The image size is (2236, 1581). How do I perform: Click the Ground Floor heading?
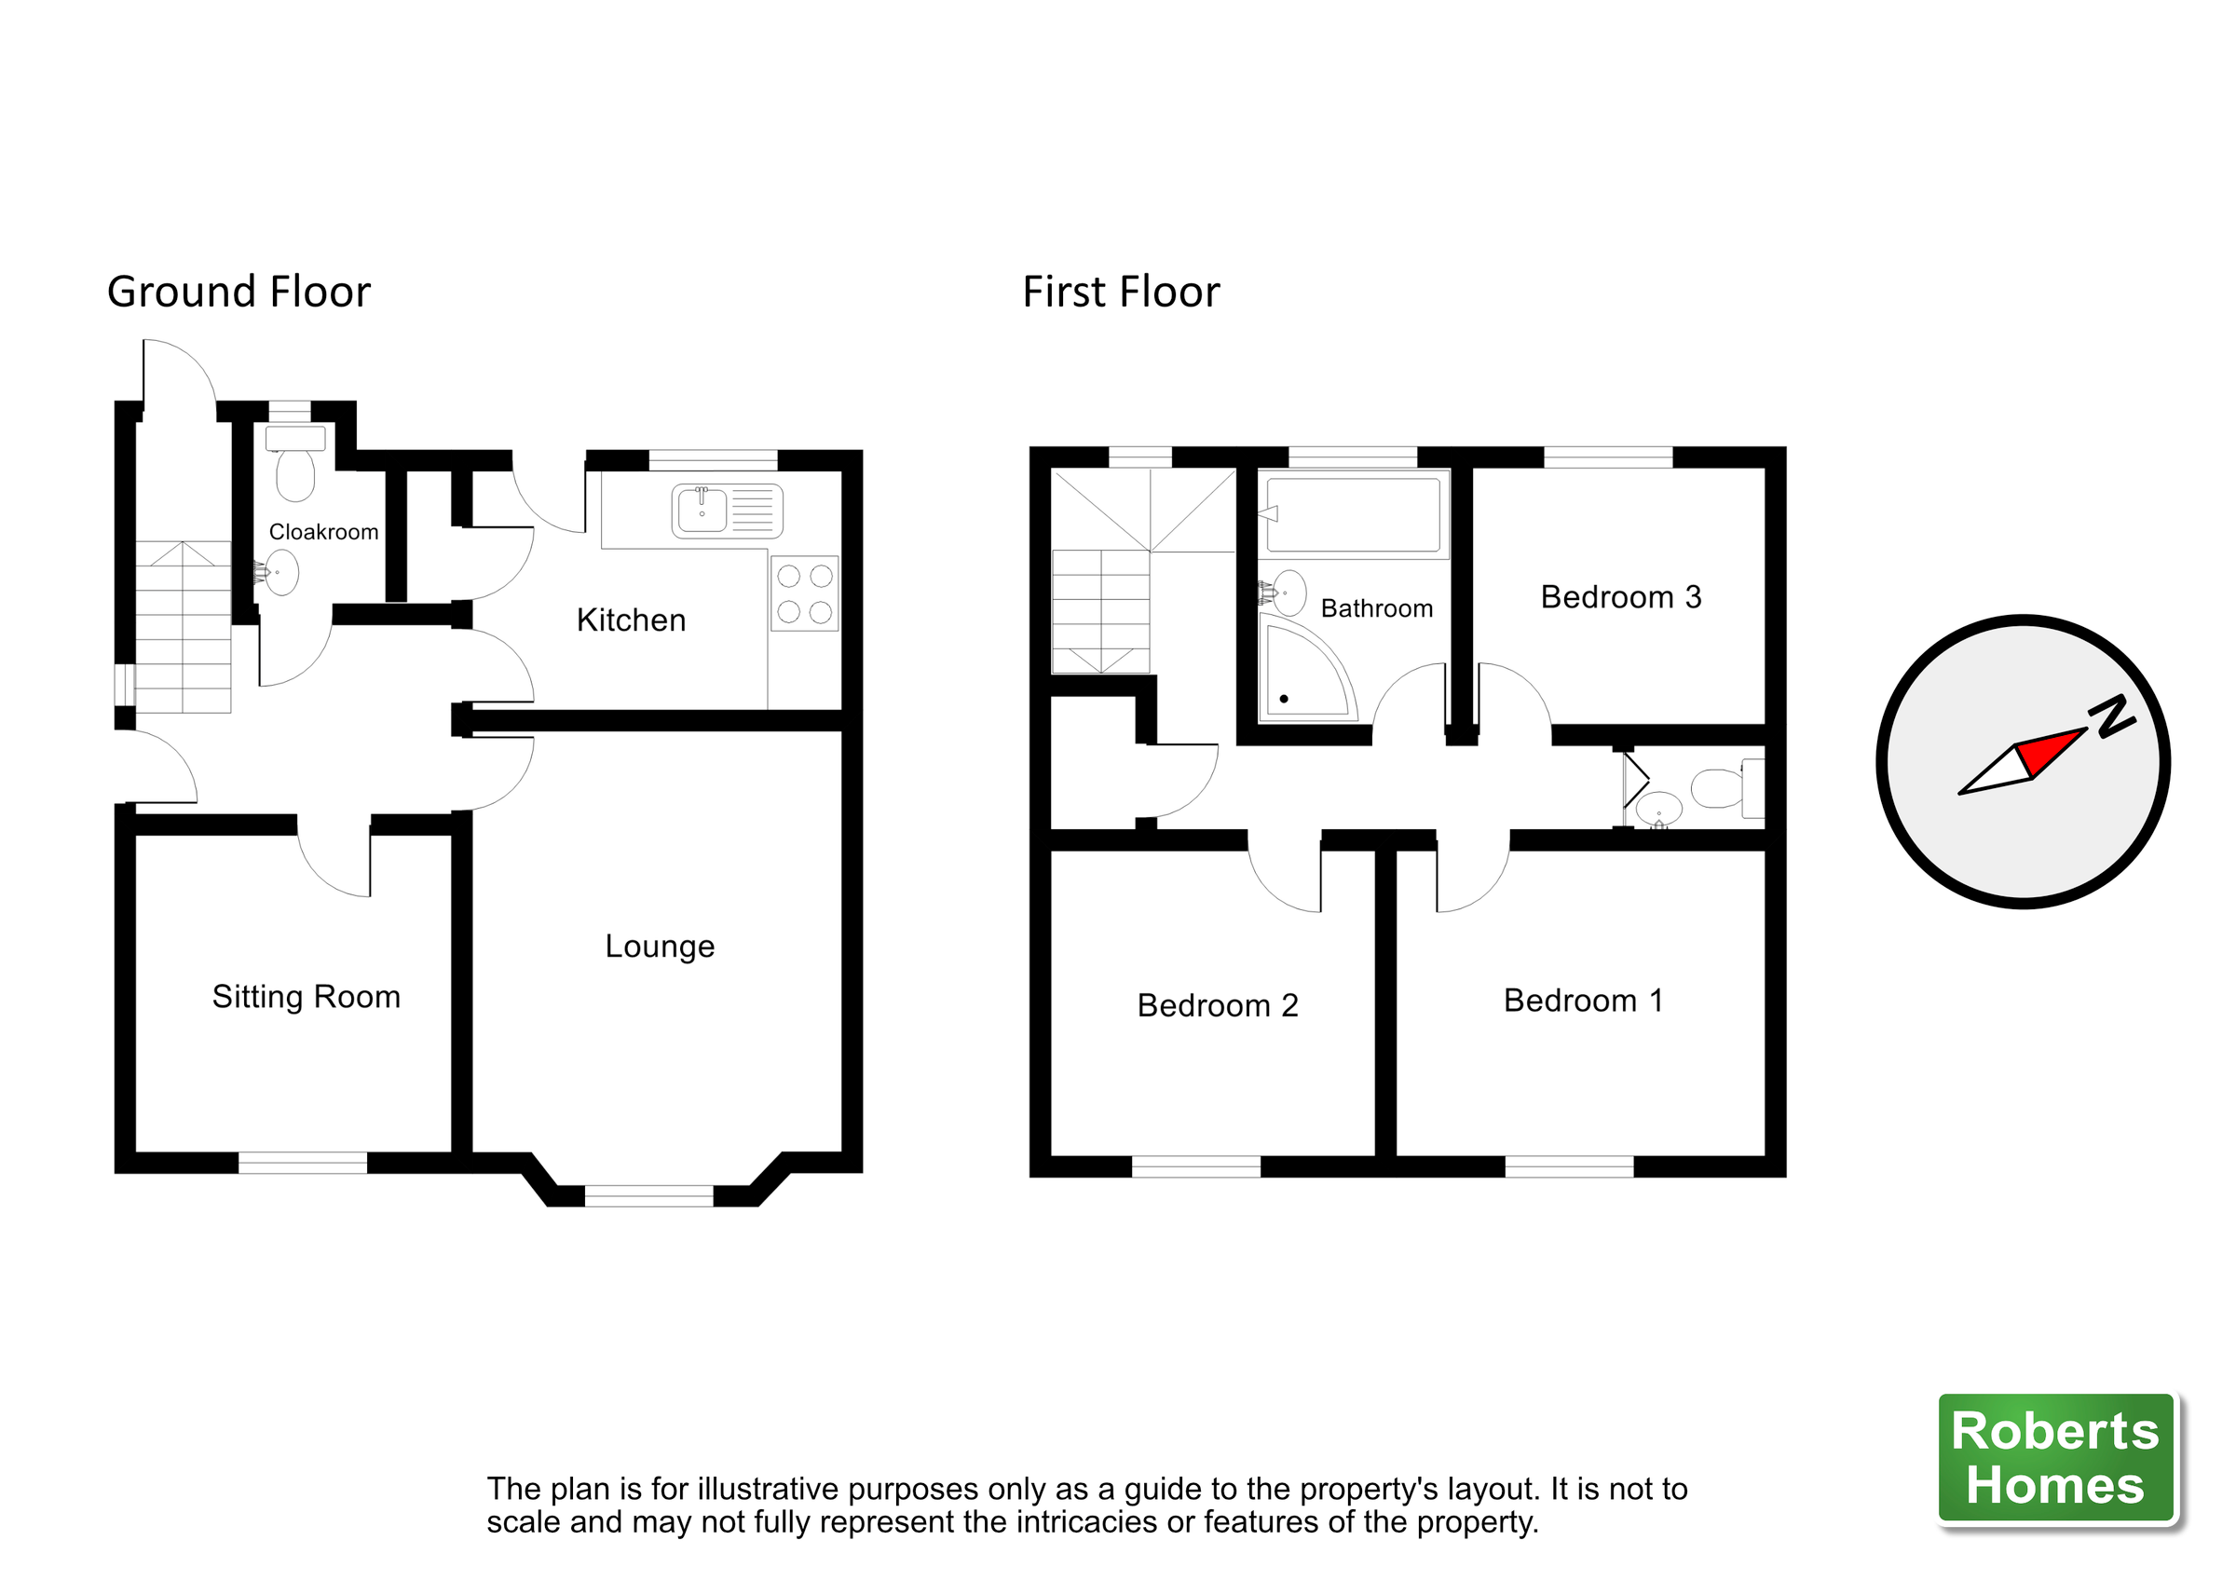[239, 293]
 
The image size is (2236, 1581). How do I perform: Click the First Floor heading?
[1120, 293]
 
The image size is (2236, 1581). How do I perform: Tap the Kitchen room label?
[631, 620]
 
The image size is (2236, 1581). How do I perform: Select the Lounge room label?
[660, 946]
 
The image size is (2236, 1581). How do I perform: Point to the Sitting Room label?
[306, 997]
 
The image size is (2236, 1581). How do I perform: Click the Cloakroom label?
[323, 532]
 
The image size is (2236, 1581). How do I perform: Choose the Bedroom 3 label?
[1620, 597]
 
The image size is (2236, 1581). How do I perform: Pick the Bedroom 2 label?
[1218, 1005]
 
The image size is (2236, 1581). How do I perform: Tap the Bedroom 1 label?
[1584, 1001]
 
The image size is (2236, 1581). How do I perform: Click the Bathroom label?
[1376, 608]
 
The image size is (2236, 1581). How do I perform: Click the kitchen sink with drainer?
[727, 511]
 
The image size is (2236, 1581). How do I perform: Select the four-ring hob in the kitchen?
[804, 593]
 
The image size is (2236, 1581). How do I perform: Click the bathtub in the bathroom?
[1354, 514]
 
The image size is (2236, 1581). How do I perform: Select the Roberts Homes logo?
[2055, 1458]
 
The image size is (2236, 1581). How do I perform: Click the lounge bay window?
[648, 1196]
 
